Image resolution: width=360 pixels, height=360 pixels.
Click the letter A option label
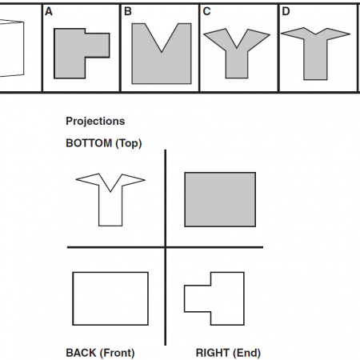(49, 11)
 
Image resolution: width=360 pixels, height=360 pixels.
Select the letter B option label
(128, 11)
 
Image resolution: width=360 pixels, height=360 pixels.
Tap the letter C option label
(206, 11)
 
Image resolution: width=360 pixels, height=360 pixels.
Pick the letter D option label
(286, 11)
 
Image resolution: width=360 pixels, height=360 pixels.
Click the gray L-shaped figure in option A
(70, 54)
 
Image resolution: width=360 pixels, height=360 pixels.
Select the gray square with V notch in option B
(162, 66)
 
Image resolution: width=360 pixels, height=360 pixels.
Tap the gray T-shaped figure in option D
(315, 58)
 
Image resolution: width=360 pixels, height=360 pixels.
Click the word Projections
(95, 122)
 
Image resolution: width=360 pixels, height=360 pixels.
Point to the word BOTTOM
(89, 143)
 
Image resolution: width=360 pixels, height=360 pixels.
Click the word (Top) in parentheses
(129, 143)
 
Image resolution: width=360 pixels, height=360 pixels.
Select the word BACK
(81, 353)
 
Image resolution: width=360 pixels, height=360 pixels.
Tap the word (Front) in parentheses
(117, 353)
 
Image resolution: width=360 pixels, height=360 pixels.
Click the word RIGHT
(213, 353)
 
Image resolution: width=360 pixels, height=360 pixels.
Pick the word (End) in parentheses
(246, 353)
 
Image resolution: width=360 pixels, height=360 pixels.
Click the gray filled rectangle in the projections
(220, 199)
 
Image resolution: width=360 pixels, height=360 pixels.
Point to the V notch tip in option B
(162, 52)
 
